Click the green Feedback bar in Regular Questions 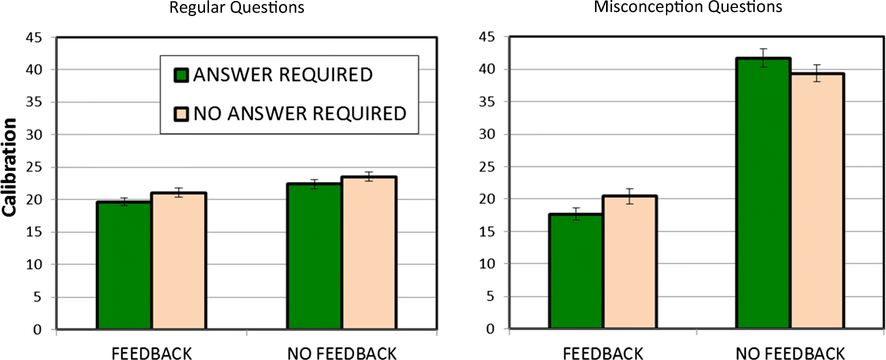124,265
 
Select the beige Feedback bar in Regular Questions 178,260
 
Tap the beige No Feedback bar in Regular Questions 369,252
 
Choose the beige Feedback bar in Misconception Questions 629,262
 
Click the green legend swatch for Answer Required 180,75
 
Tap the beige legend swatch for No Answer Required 180,114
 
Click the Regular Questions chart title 236,7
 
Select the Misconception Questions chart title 687,6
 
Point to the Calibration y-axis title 9,167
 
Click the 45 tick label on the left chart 34,37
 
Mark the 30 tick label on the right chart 486,134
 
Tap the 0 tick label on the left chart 37,329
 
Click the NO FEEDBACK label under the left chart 341,353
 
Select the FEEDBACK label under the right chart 602,353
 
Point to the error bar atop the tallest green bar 763,57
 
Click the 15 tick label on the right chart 486,231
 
